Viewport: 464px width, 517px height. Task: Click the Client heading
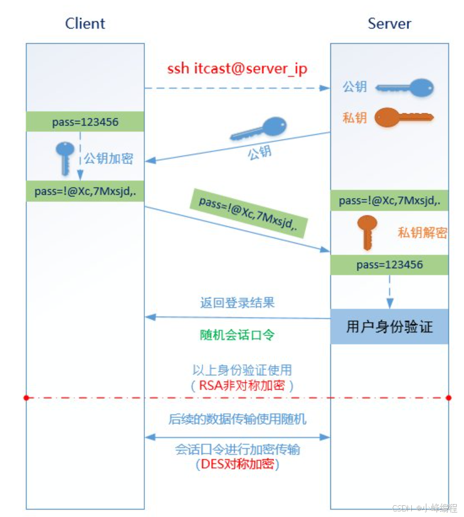pos(85,24)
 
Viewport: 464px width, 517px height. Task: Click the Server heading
pos(389,24)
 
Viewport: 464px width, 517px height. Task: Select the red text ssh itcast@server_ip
pos(237,69)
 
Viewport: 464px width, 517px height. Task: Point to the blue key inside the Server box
pos(405,87)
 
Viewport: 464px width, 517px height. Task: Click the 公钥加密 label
pos(108,159)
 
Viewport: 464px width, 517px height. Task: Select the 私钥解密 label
pos(422,233)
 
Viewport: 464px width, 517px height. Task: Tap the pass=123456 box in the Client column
pos(85,122)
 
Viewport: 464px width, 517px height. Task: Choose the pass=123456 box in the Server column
pos(389,264)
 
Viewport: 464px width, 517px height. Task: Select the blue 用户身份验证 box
pos(389,326)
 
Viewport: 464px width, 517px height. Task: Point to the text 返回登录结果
pos(237,303)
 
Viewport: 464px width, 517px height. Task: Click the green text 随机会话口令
pos(237,335)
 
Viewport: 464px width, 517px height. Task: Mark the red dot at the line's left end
pos(26,398)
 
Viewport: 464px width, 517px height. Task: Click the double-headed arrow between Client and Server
pos(237,437)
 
